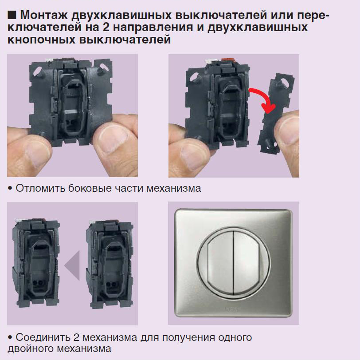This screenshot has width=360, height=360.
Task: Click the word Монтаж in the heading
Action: [x=44, y=15]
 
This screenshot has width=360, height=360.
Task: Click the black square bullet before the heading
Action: [x=12, y=15]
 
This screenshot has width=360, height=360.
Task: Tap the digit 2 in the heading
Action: [x=106, y=27]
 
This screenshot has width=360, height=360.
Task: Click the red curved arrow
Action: [x=264, y=99]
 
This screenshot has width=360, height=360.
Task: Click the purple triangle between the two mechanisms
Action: [x=72, y=265]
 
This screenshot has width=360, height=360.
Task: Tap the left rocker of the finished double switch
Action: [x=220, y=263]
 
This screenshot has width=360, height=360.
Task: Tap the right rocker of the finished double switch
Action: [x=247, y=263]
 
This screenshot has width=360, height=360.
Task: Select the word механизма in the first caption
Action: [x=174, y=189]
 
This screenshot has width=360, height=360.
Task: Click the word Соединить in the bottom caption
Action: [x=43, y=337]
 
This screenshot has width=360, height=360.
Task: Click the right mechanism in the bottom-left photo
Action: [x=110, y=264]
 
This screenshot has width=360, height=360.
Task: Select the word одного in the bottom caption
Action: [x=235, y=338]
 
